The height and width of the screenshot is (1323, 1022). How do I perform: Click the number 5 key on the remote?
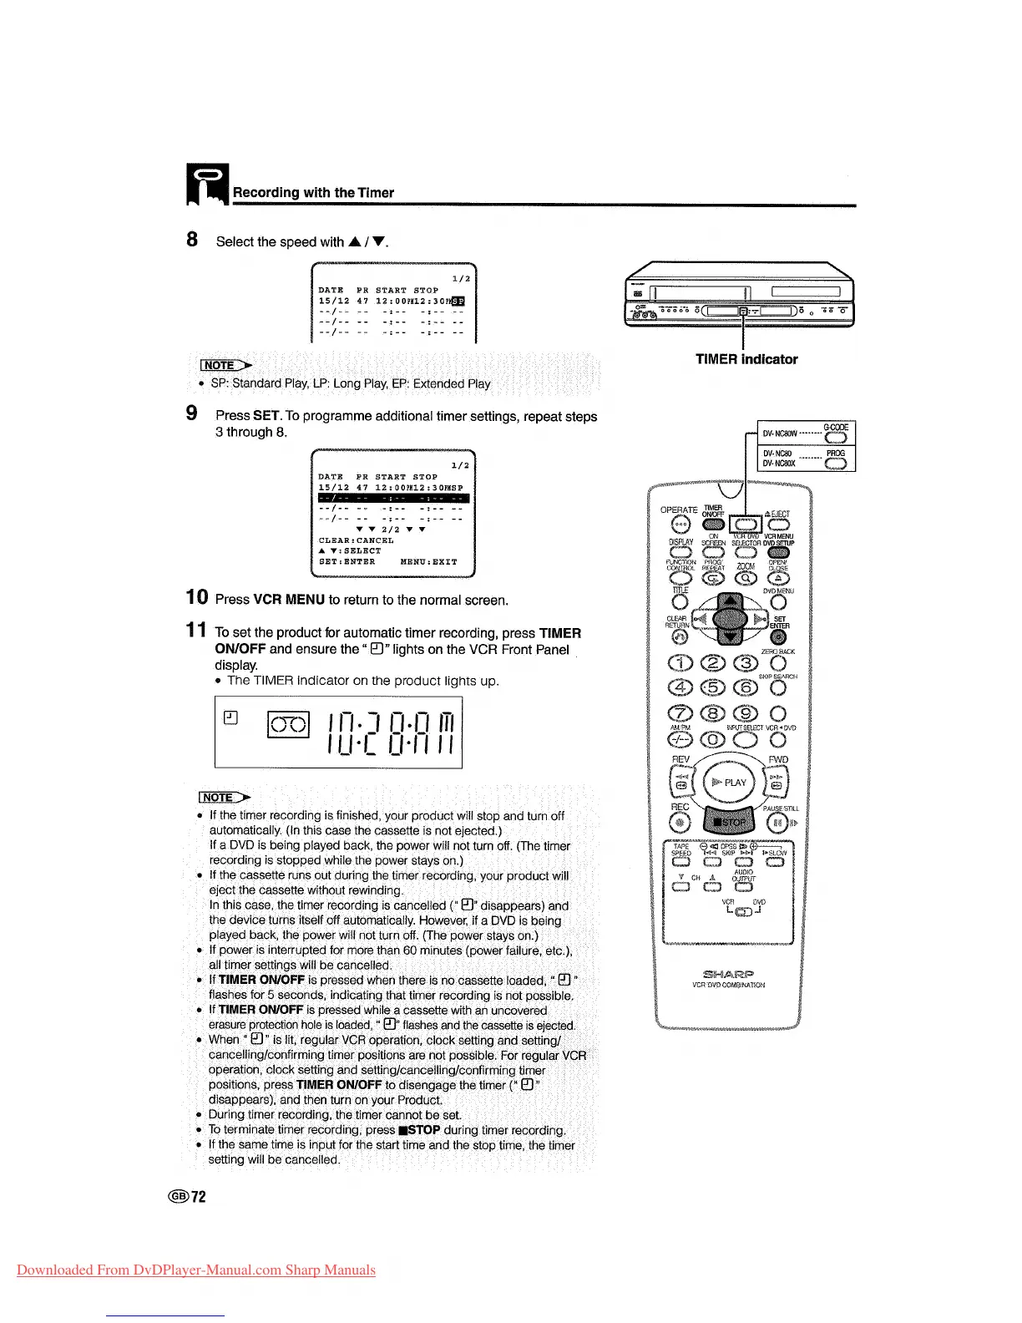(x=712, y=687)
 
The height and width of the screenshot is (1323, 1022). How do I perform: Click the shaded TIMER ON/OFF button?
(x=713, y=525)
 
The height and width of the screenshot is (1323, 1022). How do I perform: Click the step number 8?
(x=192, y=240)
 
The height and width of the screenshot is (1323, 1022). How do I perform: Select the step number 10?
(x=197, y=597)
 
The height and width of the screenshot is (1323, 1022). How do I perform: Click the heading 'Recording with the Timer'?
(x=313, y=193)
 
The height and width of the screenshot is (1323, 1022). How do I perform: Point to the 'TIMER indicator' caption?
(x=746, y=359)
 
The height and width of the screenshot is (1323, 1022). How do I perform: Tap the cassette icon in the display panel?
(x=288, y=724)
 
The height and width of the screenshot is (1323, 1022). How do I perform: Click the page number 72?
(x=199, y=1197)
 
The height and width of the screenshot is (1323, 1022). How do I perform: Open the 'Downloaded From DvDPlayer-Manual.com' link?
(x=195, y=1270)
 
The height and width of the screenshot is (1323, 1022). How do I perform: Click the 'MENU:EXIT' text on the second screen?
(x=428, y=562)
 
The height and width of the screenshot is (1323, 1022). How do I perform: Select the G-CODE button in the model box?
(x=835, y=436)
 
